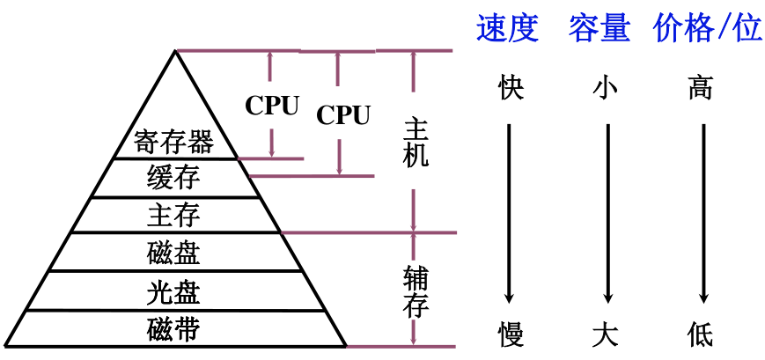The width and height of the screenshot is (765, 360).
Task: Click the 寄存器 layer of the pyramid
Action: [174, 142]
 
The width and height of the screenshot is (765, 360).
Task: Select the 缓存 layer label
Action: [174, 178]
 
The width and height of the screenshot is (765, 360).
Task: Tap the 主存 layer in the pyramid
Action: [174, 215]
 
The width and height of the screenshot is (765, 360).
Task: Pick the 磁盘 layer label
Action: [174, 253]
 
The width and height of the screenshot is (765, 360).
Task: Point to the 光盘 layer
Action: [174, 290]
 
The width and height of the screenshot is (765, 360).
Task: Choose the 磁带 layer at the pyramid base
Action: [174, 329]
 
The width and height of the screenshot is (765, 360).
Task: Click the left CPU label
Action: [272, 106]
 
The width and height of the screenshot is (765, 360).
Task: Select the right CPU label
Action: [343, 114]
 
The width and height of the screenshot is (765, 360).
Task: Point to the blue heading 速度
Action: [507, 28]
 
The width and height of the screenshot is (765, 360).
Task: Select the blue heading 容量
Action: [599, 28]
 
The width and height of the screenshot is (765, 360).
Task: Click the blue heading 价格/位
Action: [707, 28]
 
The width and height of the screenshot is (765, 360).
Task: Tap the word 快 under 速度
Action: [510, 88]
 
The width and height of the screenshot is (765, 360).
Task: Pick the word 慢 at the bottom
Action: [510, 334]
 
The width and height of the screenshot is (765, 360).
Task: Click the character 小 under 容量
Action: [606, 88]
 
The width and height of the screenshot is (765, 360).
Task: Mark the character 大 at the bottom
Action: [606, 334]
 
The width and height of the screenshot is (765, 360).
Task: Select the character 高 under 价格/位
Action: [701, 88]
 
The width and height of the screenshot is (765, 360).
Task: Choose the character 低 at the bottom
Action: [701, 334]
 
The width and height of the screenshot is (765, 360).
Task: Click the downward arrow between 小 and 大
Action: [607, 211]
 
